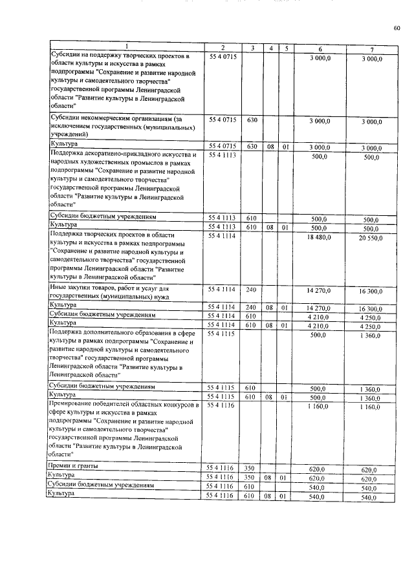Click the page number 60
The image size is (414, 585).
click(x=397, y=28)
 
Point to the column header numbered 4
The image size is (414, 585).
click(x=270, y=48)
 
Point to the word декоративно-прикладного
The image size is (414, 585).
click(x=119, y=155)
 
